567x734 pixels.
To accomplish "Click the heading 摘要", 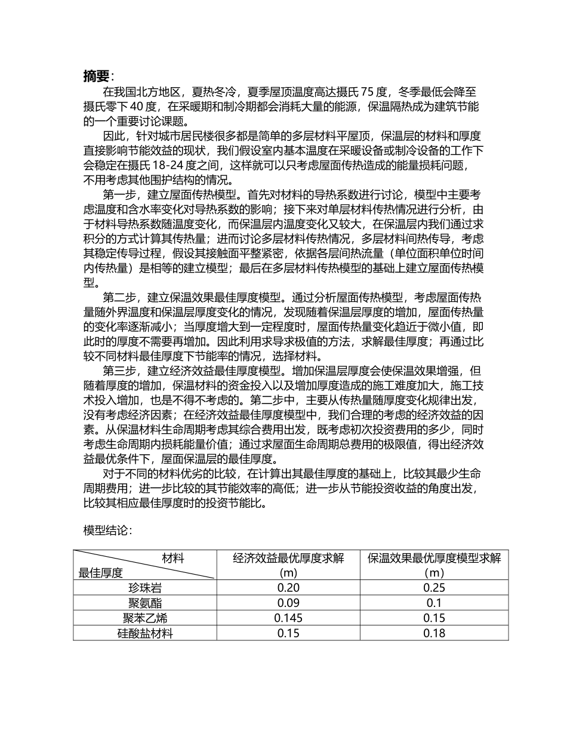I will [97, 76].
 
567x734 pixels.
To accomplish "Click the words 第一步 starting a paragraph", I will [118, 194].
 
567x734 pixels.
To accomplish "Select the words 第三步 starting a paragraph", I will [118, 370].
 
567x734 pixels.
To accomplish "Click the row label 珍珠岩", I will [144, 588].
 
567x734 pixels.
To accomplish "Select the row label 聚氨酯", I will [144, 603].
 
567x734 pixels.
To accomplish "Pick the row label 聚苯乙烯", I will [144, 618].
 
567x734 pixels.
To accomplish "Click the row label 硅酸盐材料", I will [144, 633].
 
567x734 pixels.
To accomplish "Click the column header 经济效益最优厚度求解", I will [288, 559].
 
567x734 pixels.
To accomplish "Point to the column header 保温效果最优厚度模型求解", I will [434, 559].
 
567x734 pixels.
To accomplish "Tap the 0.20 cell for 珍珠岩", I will [288, 588].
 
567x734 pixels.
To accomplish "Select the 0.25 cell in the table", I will [434, 588].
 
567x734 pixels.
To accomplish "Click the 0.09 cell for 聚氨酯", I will [288, 603].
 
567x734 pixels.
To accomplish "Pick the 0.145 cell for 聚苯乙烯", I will [288, 618].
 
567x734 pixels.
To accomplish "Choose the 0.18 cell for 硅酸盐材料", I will [434, 633].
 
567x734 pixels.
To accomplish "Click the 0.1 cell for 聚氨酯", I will [434, 603].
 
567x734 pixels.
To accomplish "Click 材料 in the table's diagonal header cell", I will [173, 559].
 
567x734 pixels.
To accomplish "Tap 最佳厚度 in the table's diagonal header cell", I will [101, 573].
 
